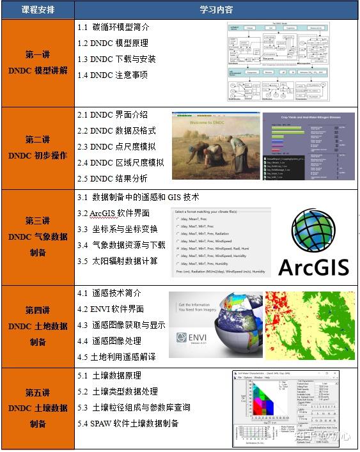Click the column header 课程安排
[38, 10]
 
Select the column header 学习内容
[216, 10]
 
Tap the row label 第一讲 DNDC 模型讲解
[38, 62]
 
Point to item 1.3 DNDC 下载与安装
[116, 59]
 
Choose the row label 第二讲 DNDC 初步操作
[38, 147]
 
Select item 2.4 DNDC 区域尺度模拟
[121, 162]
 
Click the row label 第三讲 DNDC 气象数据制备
[38, 237]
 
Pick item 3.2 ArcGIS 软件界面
[114, 213]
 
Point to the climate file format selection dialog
[221, 242]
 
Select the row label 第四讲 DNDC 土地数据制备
[38, 326]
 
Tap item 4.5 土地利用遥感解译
[116, 356]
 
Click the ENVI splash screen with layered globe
[215, 327]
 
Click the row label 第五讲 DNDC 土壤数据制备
[38, 408]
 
